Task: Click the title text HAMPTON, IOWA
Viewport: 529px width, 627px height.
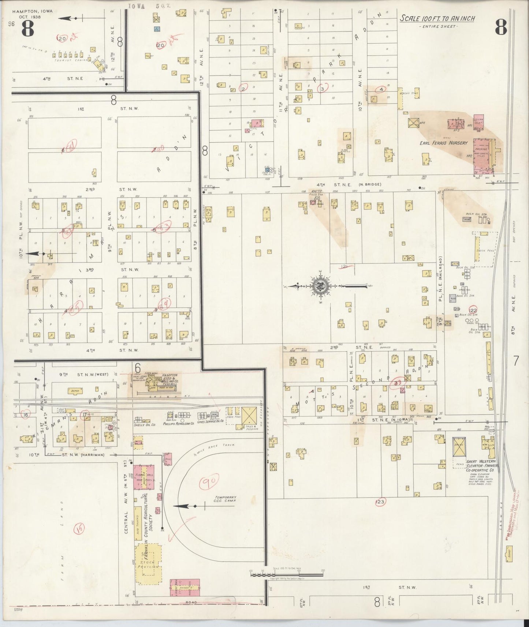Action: [x=32, y=11]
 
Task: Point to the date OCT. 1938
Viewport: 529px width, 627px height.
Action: [x=32, y=17]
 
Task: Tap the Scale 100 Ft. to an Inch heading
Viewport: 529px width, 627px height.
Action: [x=437, y=19]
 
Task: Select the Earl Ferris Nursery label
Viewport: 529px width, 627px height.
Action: [x=443, y=143]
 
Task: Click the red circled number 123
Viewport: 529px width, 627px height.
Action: [x=380, y=502]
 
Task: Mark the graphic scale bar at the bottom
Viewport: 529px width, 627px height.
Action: [x=287, y=584]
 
